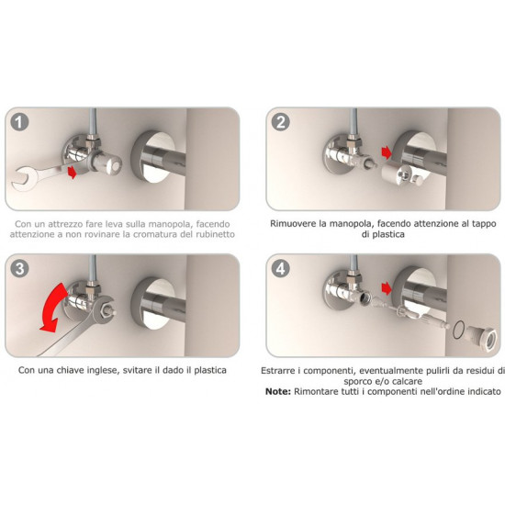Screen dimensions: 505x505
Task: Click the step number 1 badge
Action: click(19, 122)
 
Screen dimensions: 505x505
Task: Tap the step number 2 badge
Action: click(281, 122)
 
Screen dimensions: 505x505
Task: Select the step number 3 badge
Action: click(19, 269)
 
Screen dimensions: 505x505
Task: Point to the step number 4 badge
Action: click(281, 269)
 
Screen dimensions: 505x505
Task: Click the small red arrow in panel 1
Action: click(73, 172)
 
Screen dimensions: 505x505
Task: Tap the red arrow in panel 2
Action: click(387, 152)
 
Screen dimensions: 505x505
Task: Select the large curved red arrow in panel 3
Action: click(51, 308)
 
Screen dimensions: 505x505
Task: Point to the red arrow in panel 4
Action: click(387, 288)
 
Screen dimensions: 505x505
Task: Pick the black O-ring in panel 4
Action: click(458, 330)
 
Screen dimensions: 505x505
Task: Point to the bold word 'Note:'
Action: click(278, 391)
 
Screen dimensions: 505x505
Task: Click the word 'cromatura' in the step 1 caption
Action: click(154, 234)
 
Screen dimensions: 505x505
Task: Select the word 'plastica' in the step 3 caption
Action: click(210, 370)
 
